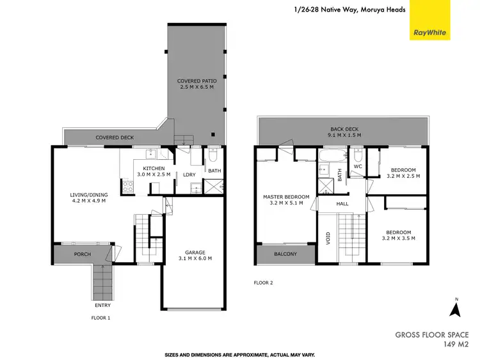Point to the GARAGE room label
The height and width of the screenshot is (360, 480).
tap(195, 254)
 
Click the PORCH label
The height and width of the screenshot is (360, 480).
tap(82, 254)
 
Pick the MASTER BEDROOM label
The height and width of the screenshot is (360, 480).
tap(286, 196)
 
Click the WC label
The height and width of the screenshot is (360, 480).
tap(358, 166)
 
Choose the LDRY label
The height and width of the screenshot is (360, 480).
tap(189, 175)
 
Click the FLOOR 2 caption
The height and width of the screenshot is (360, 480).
tap(264, 282)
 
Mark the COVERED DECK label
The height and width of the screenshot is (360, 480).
tap(114, 137)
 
